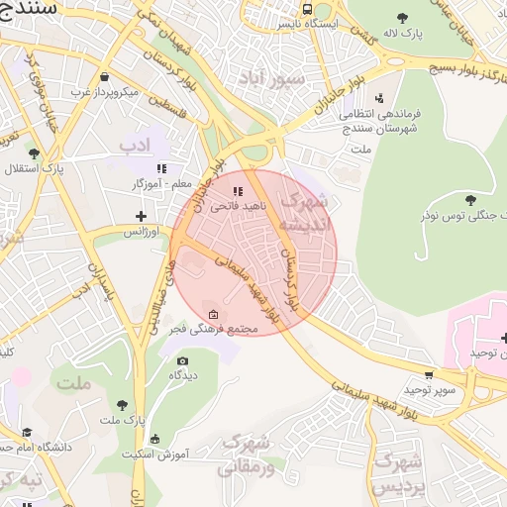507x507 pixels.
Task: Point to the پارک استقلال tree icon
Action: click(35, 153)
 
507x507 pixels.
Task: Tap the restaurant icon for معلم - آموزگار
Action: click(160, 168)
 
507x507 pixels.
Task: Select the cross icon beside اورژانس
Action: click(141, 215)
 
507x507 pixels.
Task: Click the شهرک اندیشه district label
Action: click(304, 212)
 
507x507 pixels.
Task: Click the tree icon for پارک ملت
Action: click(122, 404)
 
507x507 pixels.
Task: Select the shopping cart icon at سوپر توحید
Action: click(428, 375)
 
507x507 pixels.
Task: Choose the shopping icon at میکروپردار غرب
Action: click(105, 76)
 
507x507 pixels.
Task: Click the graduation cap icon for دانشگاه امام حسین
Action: click(27, 433)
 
